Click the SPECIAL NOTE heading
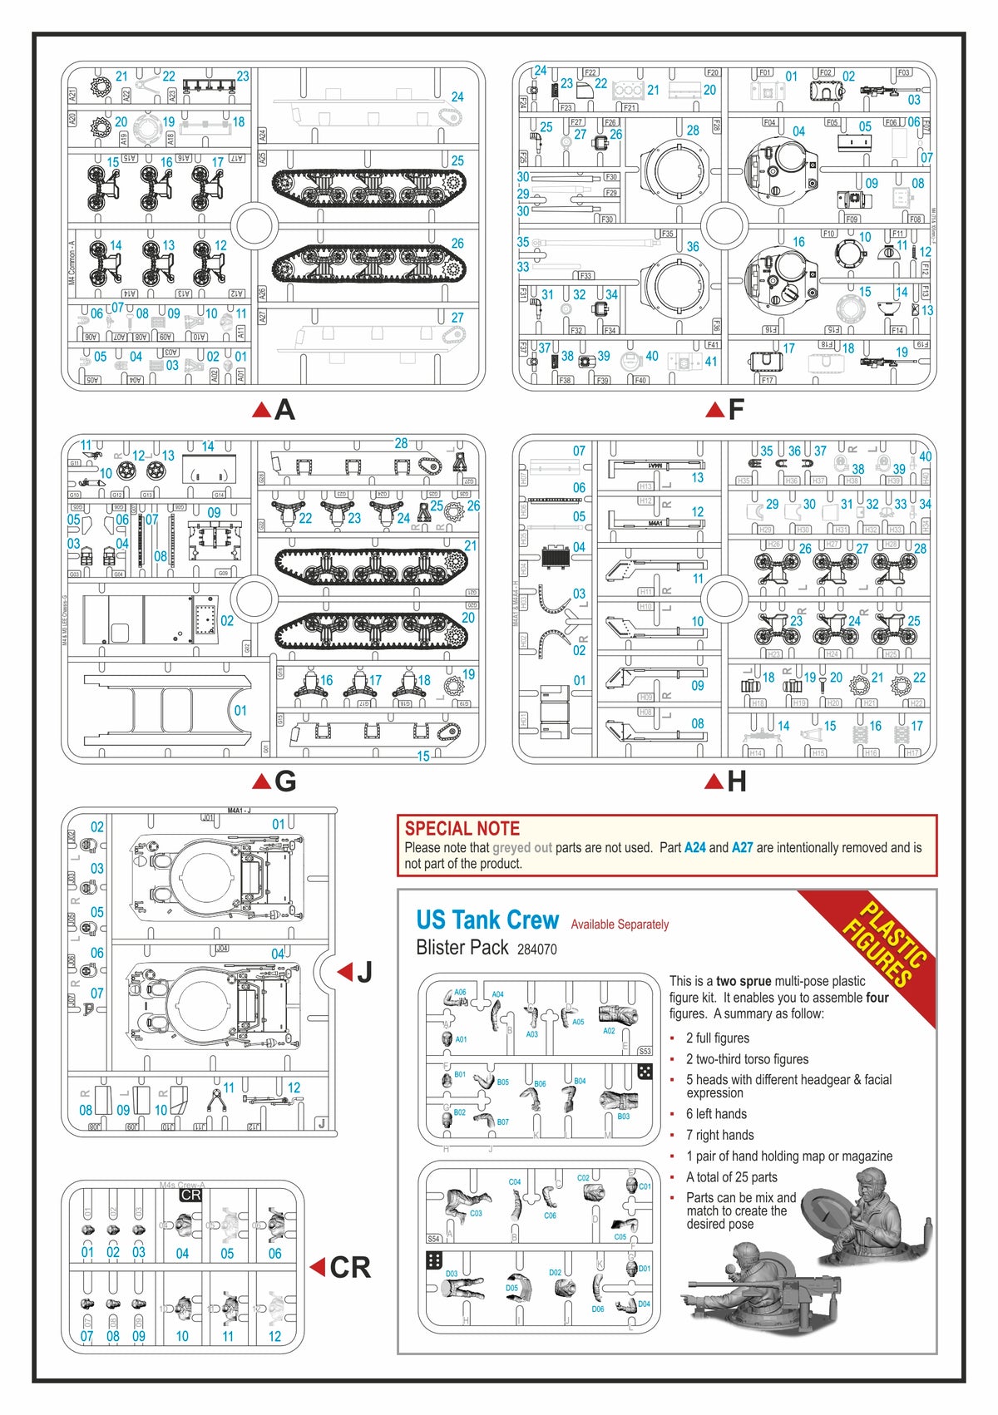[x=462, y=828]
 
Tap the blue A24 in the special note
[x=694, y=848]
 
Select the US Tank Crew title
[x=487, y=920]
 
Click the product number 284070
[x=536, y=949]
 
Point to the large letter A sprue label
[x=284, y=410]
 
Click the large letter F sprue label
[x=736, y=410]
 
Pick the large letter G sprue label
[x=284, y=781]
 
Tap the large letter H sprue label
[x=736, y=781]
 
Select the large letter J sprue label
[x=364, y=972]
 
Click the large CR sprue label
[x=349, y=1268]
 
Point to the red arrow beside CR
[x=317, y=1267]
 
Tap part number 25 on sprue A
[x=457, y=160]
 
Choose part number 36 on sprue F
[x=693, y=247]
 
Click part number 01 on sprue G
[x=240, y=711]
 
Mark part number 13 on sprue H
[x=697, y=477]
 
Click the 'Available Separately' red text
[x=620, y=924]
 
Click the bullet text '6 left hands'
[x=716, y=1114]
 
